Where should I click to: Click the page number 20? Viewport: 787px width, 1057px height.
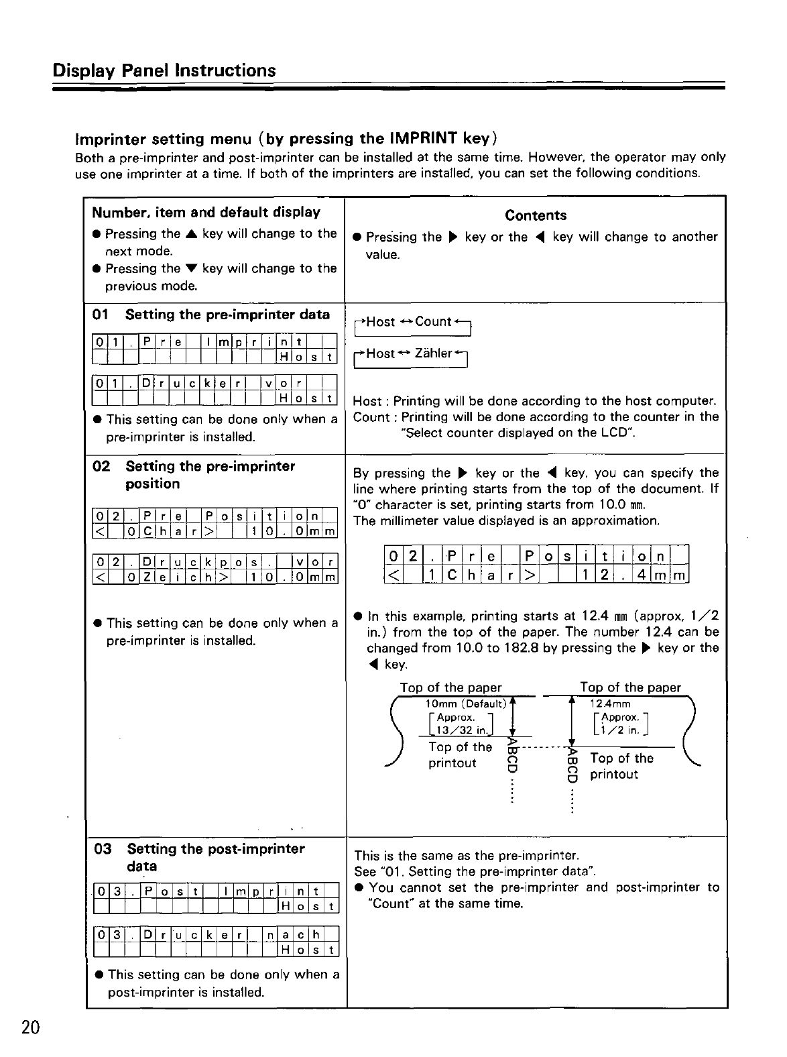click(x=31, y=1028)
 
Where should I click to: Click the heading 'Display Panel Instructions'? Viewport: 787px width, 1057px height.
click(x=164, y=70)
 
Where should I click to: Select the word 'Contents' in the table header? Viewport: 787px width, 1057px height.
click(x=536, y=215)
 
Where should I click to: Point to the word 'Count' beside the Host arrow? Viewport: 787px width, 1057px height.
click(x=433, y=321)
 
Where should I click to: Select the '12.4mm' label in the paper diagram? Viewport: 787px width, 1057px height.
click(x=610, y=704)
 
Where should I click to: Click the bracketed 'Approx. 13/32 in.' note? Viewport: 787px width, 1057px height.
click(x=460, y=724)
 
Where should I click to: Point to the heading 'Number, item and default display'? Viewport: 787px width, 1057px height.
click(x=206, y=213)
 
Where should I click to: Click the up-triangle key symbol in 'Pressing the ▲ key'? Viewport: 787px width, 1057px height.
click(x=191, y=234)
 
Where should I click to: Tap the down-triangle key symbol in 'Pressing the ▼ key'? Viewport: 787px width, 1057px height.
click(x=191, y=269)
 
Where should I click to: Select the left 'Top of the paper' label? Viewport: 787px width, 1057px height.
click(x=450, y=687)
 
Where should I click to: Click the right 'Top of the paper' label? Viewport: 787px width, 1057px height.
click(x=630, y=687)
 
